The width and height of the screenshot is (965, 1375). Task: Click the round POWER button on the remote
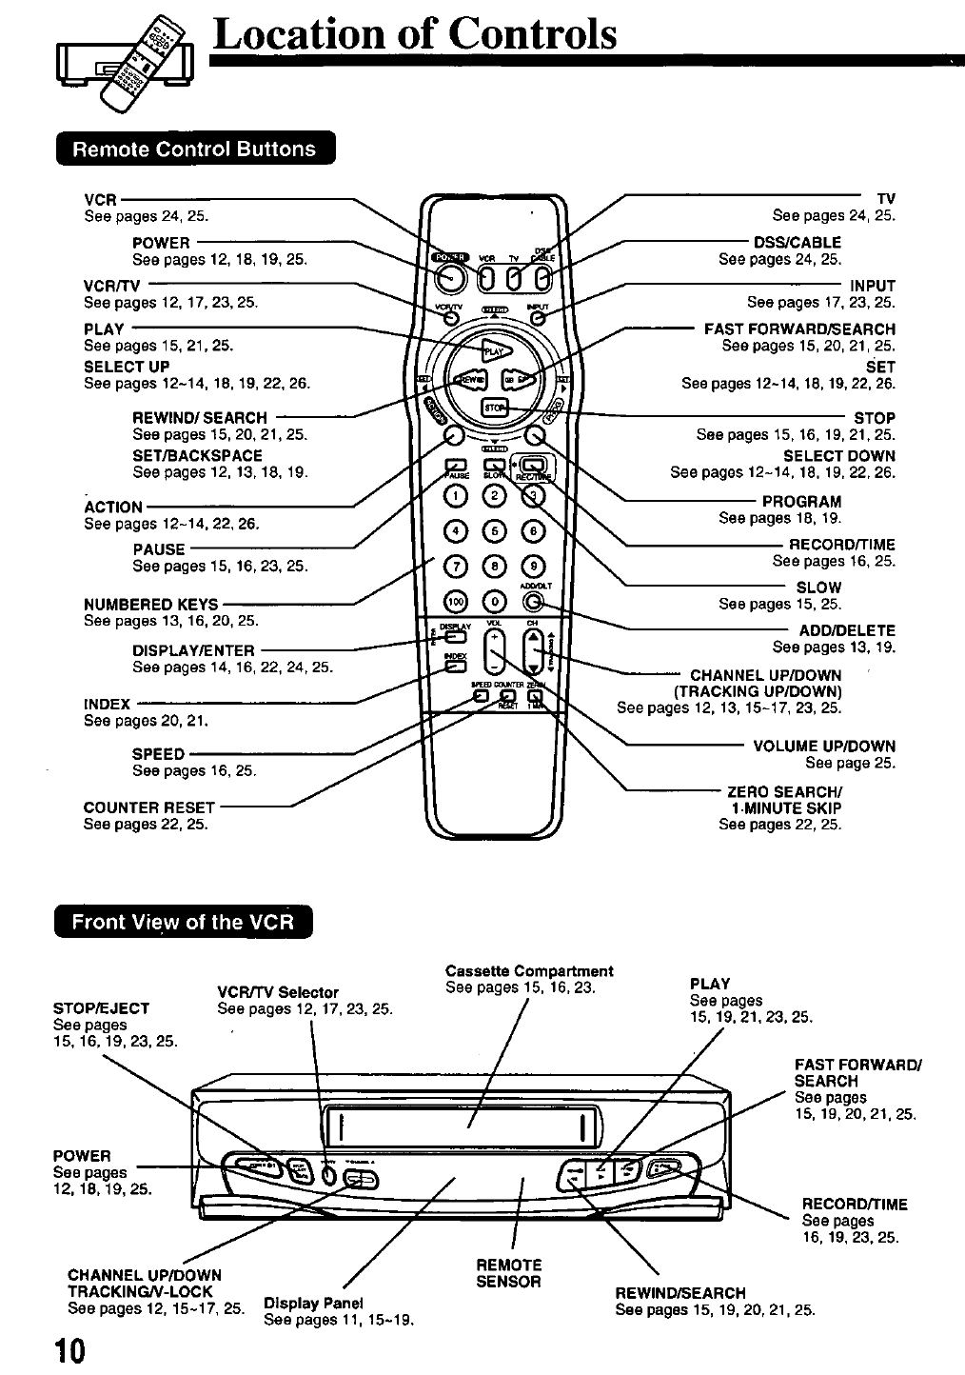tap(448, 277)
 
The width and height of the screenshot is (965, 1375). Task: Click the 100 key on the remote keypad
tap(456, 602)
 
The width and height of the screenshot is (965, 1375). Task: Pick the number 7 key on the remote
tap(456, 567)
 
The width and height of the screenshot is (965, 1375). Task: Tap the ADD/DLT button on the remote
tap(534, 602)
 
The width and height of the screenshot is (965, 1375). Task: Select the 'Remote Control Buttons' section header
tap(195, 149)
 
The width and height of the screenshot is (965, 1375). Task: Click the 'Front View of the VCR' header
tap(184, 923)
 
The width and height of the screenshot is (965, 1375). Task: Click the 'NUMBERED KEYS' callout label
tap(150, 605)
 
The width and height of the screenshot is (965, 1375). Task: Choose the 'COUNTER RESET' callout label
tap(149, 807)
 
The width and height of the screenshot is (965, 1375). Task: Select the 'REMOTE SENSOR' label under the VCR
tap(508, 1273)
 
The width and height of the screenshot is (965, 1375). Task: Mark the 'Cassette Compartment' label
tap(529, 971)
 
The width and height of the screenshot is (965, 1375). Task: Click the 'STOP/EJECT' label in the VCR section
tap(102, 1008)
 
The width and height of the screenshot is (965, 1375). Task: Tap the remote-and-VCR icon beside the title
tap(126, 60)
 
